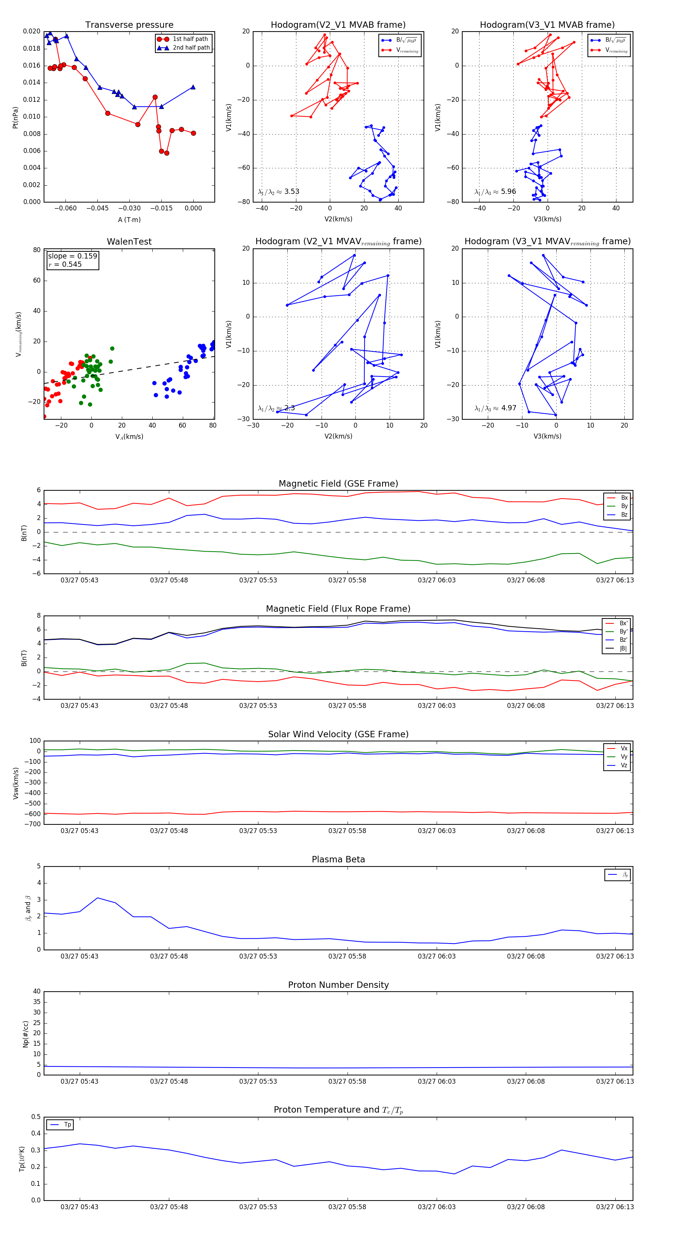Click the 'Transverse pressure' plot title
[129, 25]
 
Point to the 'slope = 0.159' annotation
[72, 256]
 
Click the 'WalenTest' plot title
[129, 242]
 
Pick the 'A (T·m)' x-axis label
[129, 219]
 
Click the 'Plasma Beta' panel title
[338, 860]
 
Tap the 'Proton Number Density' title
[338, 985]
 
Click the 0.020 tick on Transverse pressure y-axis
[32, 31]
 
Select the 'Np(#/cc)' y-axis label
[26, 1034]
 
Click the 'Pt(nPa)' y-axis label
[15, 117]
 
